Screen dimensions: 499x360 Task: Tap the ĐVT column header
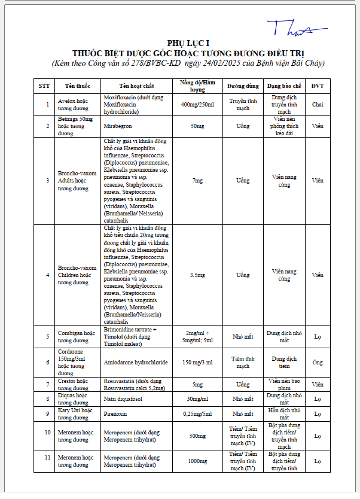[x=318, y=86]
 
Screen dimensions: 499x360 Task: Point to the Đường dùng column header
[x=243, y=86]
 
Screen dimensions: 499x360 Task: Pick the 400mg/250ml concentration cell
[x=197, y=105]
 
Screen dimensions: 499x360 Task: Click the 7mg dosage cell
[x=197, y=180]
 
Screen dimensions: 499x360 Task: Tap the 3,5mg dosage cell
[x=197, y=275]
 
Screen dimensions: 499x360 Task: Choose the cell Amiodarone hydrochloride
[x=136, y=363]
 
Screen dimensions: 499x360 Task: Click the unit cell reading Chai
[x=318, y=105]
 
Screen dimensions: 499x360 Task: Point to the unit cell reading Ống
[x=318, y=363]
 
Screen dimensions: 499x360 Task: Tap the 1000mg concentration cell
[x=197, y=461]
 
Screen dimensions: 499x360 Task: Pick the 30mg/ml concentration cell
[x=197, y=398]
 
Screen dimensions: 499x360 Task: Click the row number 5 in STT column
[x=47, y=336]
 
